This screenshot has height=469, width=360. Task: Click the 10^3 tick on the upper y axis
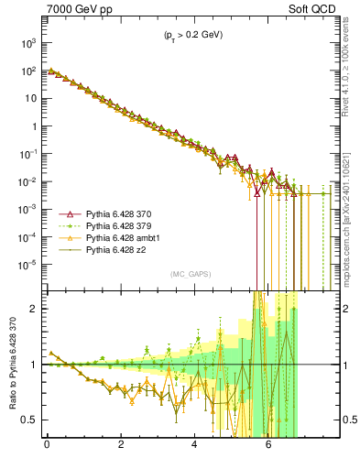tap(28, 43)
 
